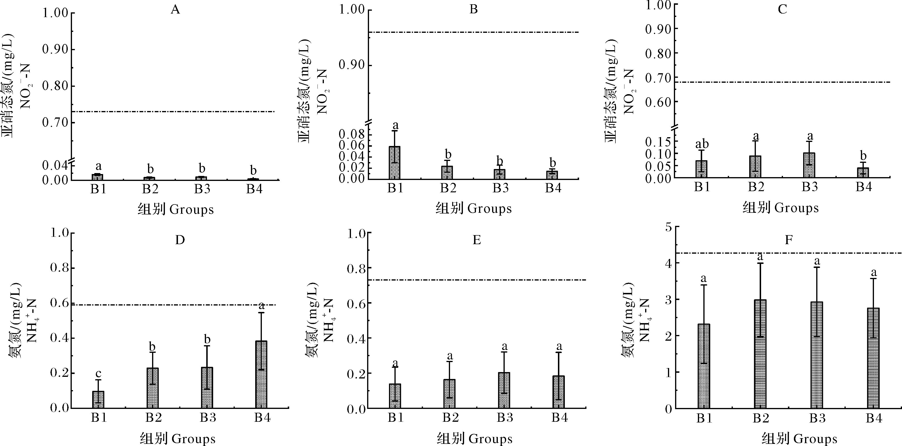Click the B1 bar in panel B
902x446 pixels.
395,163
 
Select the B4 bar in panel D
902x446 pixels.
261,374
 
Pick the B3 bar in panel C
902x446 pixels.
809,165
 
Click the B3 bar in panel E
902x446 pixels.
504,390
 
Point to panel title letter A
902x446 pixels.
175,10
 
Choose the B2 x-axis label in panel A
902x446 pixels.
150,189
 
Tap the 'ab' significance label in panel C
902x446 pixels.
702,144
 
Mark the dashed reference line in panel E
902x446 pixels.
476,280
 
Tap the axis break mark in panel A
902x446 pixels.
72,160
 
